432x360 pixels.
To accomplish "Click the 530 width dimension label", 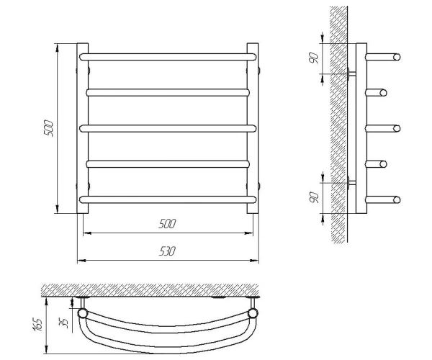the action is coord(167,251).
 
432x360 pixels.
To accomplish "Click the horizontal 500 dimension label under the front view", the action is coord(167,224).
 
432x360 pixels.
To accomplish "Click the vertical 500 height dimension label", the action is coord(48,128).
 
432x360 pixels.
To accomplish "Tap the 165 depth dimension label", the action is coord(37,325).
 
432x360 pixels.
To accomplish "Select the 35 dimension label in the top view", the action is coord(63,323).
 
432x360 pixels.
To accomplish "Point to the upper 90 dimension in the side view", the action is coord(314,58).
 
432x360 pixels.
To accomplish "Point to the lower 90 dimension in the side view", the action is coord(314,198).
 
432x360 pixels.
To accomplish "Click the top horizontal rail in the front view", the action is coord(168,57).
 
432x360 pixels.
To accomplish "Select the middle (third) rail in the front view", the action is coord(168,129).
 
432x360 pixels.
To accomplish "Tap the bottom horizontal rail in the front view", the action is coord(168,199).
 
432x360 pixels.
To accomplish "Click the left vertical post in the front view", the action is coord(83,128).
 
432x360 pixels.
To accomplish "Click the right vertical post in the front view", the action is coord(253,128).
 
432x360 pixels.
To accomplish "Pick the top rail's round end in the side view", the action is coord(397,57).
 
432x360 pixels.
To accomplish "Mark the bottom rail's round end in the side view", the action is coord(397,199).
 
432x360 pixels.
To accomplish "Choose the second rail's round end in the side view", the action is coord(383,93).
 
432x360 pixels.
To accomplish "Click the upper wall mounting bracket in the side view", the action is coord(351,73).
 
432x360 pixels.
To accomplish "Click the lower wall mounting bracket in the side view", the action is coord(351,183).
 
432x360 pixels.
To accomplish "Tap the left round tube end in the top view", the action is coord(83,313).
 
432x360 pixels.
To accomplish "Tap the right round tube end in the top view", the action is coord(253,313).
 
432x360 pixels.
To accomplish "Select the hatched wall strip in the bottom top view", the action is coord(150,290).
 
